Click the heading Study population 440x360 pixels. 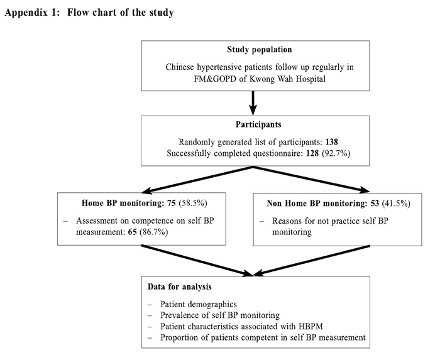click(259, 50)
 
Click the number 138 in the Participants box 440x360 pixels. click(332, 142)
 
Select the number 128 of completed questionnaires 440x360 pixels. click(312, 153)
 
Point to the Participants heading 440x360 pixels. click(258, 124)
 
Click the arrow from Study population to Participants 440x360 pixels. click(253, 103)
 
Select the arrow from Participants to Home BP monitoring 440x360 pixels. click(198, 180)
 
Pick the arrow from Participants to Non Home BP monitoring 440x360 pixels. click(312, 180)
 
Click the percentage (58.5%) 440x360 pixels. click(193, 203)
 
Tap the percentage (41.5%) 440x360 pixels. click(396, 204)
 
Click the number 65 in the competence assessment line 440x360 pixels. click(133, 232)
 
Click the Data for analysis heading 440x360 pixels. click(179, 287)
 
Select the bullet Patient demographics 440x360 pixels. click(199, 304)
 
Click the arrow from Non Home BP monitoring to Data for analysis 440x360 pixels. click(312, 261)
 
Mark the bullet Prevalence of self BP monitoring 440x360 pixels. click(220, 315)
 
